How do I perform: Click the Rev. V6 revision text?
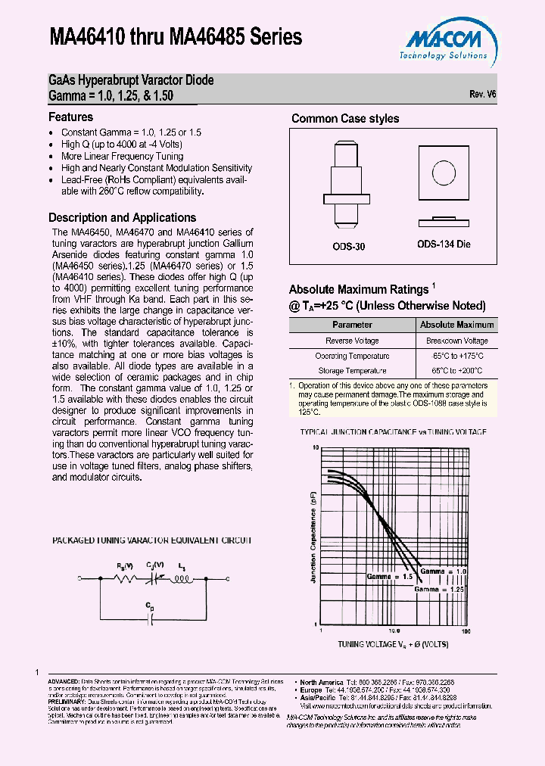point(482,95)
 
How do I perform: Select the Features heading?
point(70,117)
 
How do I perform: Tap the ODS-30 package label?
point(349,247)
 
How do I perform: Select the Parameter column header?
point(352,325)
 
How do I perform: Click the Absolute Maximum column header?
point(456,325)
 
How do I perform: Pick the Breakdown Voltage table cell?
point(456,341)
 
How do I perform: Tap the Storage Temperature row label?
point(352,371)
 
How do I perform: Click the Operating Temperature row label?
point(352,356)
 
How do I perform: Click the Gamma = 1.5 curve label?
point(388,576)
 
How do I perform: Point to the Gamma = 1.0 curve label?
point(444,571)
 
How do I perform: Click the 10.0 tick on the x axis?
point(394,631)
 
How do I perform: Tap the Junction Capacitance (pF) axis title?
point(312,536)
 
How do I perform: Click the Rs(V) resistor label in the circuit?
point(126,566)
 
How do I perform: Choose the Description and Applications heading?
point(122,218)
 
